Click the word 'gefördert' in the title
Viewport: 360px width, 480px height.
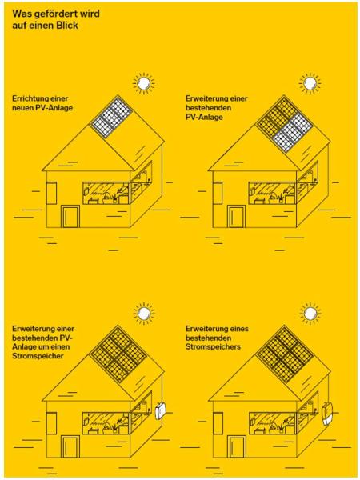pyautogui.click(x=55, y=14)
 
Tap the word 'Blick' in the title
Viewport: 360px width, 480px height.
pyautogui.click(x=66, y=26)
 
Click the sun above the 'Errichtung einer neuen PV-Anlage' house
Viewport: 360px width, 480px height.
pyautogui.click(x=144, y=83)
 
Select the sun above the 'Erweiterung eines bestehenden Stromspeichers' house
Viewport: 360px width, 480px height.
pyautogui.click(x=310, y=314)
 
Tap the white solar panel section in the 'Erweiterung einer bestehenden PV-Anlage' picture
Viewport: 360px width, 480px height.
pyautogui.click(x=292, y=132)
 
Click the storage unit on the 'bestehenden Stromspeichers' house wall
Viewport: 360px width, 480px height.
pyautogui.click(x=327, y=414)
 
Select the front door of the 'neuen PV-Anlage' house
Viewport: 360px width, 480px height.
pyautogui.click(x=70, y=216)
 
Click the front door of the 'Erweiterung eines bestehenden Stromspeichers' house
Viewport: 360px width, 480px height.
pyautogui.click(x=236, y=446)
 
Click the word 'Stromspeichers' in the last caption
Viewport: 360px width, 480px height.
pyautogui.click(x=213, y=347)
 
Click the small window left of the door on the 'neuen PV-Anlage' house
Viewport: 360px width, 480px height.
pyautogui.click(x=51, y=193)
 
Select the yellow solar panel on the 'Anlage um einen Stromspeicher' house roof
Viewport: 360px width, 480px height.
pyautogui.click(x=118, y=354)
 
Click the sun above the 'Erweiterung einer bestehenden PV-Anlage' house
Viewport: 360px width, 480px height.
pyautogui.click(x=310, y=83)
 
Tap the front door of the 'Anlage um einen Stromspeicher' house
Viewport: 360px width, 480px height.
pyautogui.click(x=70, y=446)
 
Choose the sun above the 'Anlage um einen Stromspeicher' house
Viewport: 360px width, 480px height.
pyautogui.click(x=144, y=314)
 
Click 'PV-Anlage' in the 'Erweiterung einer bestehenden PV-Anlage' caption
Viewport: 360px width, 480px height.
pyautogui.click(x=204, y=118)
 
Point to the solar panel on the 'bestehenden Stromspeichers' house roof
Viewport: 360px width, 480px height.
pyautogui.click(x=285, y=354)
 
